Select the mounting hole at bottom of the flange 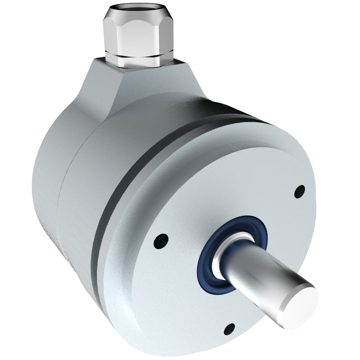tap(229, 329)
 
